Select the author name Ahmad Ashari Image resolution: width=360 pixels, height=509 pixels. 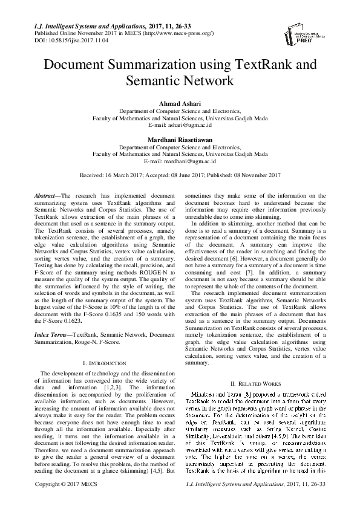click(180, 105)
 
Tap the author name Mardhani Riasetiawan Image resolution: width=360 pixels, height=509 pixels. click(180, 140)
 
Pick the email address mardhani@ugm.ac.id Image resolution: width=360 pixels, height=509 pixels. click(189, 161)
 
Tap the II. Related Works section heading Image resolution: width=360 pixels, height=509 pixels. click(257, 384)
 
